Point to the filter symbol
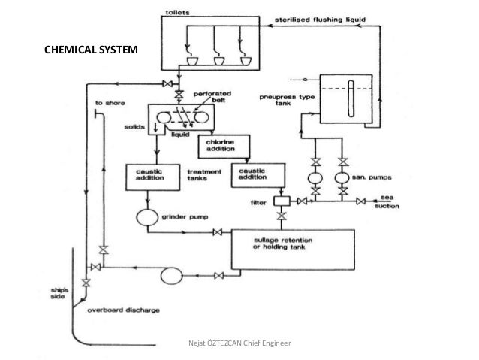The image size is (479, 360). pyautogui.click(x=282, y=201)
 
